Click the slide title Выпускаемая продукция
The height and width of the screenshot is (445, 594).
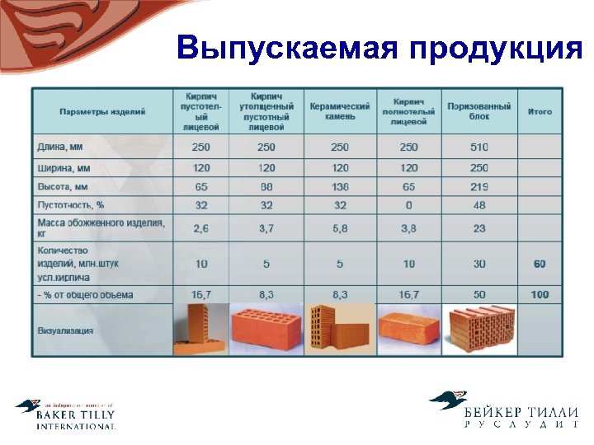click(379, 49)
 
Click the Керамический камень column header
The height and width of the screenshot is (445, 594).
click(340, 111)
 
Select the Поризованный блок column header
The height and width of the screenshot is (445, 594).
click(479, 111)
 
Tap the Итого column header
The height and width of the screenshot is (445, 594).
click(540, 111)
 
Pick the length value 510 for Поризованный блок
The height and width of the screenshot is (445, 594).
click(479, 147)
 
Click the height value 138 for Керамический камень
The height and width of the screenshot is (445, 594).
click(340, 187)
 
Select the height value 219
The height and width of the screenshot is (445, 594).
click(479, 187)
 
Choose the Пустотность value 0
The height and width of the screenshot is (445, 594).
click(408, 205)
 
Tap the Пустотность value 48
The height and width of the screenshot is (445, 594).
click(479, 205)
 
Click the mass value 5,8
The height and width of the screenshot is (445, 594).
click(340, 228)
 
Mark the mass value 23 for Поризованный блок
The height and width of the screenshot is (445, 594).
click(479, 228)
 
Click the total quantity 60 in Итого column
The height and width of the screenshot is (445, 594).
click(540, 264)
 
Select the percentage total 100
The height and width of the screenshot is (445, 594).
click(540, 294)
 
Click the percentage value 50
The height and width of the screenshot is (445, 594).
click(479, 294)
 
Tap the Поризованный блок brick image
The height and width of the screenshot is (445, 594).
click(479, 330)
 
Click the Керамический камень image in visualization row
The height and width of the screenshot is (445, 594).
click(339, 330)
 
